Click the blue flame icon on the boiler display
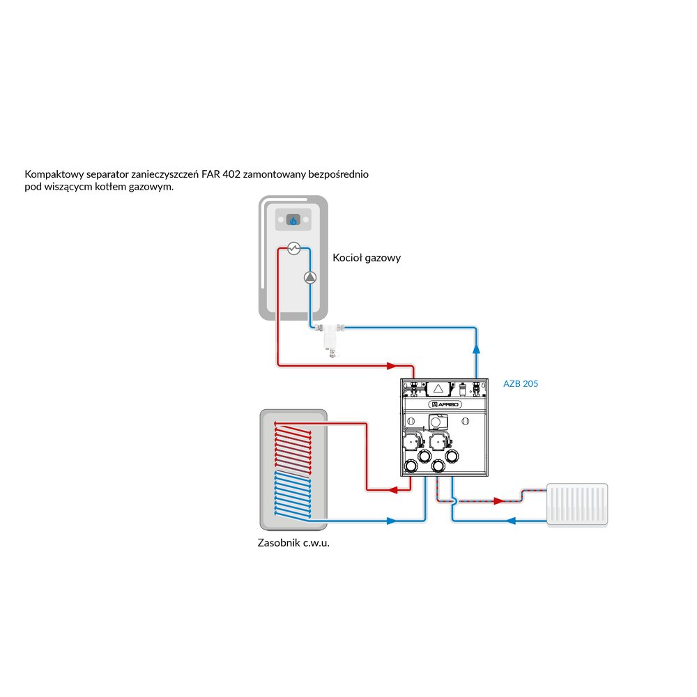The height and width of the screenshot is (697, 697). (x=293, y=220)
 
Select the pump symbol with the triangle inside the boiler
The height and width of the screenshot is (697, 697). (x=310, y=277)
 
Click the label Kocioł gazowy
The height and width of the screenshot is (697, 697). (x=367, y=258)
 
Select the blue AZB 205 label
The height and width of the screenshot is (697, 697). (x=521, y=383)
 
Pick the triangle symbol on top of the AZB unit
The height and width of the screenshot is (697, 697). (x=437, y=388)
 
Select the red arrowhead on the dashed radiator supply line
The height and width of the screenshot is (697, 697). (x=498, y=500)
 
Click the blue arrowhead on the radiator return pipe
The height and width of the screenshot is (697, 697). (x=511, y=521)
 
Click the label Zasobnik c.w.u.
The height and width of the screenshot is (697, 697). (x=293, y=543)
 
